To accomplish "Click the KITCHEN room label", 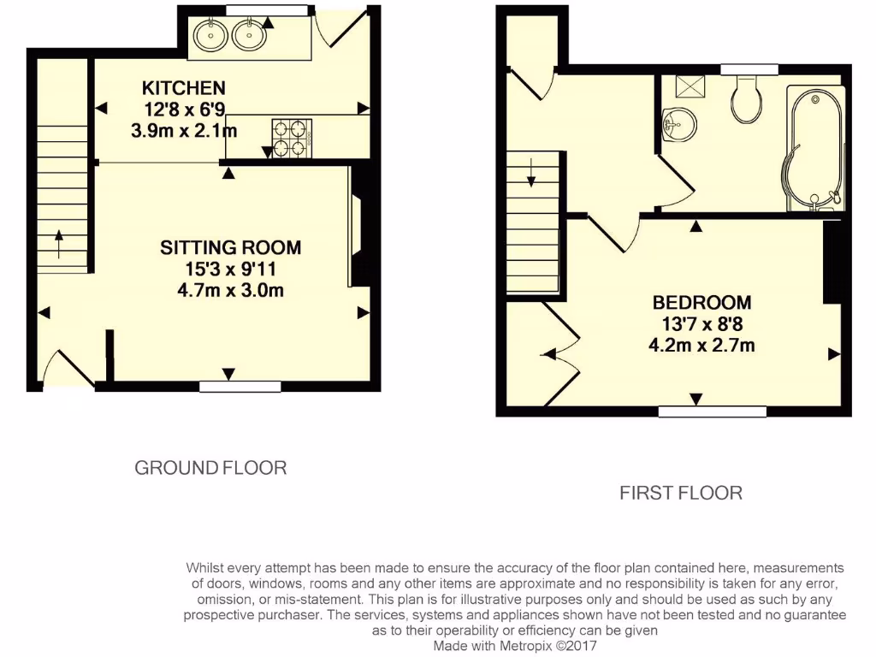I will tap(183, 87).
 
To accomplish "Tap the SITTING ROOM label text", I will tap(231, 248).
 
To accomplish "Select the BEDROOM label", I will tap(701, 303).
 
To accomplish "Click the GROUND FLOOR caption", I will tap(210, 468).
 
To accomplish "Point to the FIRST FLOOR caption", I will tap(681, 493).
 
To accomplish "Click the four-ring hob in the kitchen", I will tap(290, 137).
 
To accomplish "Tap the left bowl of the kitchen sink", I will tap(210, 35).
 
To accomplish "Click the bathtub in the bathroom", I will tap(816, 147).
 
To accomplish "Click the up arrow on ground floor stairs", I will tap(58, 243).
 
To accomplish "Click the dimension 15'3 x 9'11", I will tap(231, 269).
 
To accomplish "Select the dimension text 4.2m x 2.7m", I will tap(701, 346).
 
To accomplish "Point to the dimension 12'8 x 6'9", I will tap(184, 109).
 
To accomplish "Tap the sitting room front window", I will tap(240, 387).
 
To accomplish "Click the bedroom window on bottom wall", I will tap(712, 411).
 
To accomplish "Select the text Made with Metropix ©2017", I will tap(515, 646).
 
